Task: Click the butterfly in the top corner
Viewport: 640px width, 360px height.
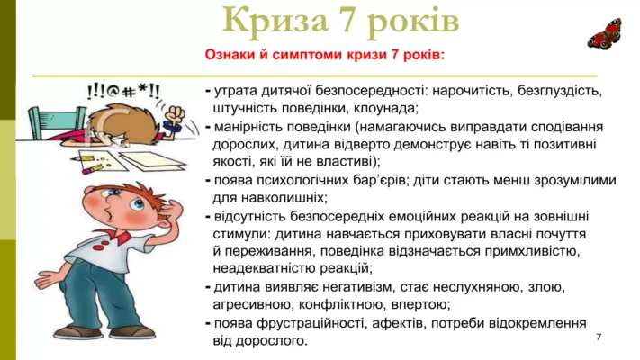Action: [x=604, y=33]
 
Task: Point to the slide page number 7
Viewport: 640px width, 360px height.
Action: [x=599, y=336]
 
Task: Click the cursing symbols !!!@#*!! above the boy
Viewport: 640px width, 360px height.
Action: [x=124, y=91]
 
